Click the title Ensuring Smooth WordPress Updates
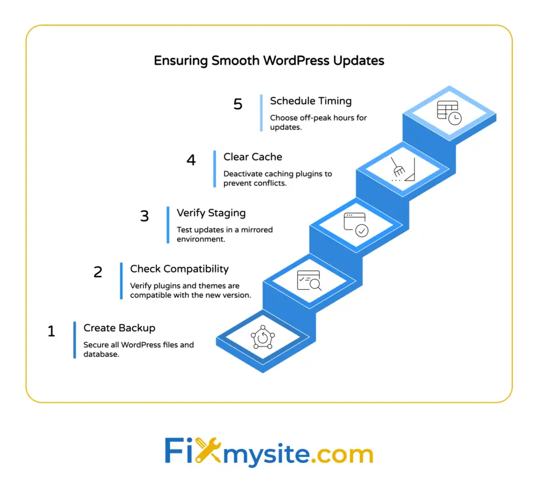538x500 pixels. point(268,60)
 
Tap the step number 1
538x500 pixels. point(51,331)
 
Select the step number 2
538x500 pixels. point(98,272)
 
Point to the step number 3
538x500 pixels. point(144,216)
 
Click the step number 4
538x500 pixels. point(191,160)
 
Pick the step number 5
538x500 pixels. point(238,104)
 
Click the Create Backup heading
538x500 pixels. point(119,328)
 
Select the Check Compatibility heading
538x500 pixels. point(179,269)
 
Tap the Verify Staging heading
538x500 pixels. point(211,213)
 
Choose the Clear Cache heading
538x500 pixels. point(253,157)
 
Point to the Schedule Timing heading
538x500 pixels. point(311,101)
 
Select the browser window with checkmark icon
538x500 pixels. point(356,224)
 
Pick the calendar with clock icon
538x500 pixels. point(449,112)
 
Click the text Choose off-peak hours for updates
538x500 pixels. point(318,122)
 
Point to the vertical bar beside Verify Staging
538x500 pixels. point(168,225)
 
